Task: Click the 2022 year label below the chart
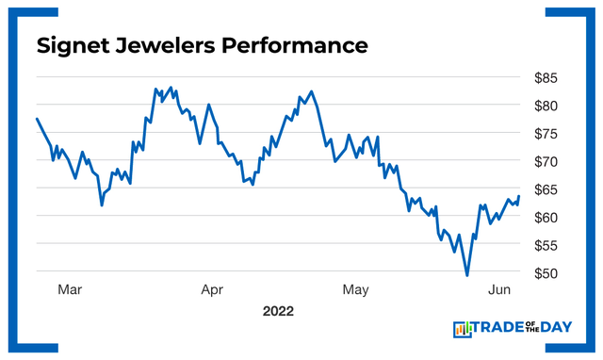279,310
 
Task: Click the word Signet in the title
73,45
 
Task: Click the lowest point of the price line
467,275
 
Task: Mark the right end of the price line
519,196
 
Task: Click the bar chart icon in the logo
463,328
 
